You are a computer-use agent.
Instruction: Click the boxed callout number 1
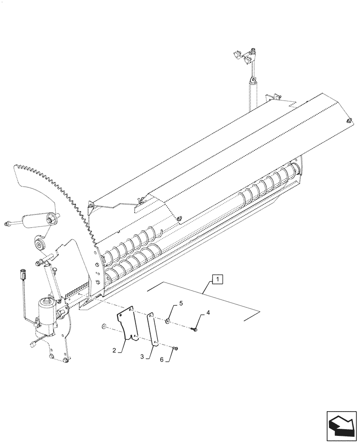pos(218,279)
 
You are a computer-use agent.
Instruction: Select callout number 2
pos(114,350)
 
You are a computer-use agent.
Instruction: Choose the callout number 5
pos(180,303)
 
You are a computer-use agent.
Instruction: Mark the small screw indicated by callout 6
pos(176,349)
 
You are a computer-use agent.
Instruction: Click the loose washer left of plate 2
pos(103,326)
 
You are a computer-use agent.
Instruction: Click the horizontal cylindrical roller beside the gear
pos(35,220)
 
